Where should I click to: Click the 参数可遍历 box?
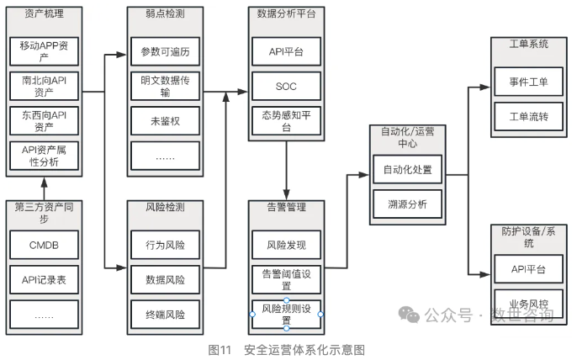[x=165, y=51]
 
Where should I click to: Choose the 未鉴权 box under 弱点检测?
[x=165, y=121]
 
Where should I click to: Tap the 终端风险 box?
[x=165, y=315]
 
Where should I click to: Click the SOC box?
[x=286, y=86]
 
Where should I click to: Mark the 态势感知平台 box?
[x=286, y=121]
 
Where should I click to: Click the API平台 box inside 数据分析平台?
[x=286, y=51]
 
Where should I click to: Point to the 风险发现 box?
[x=286, y=246]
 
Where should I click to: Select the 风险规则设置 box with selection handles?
[x=286, y=315]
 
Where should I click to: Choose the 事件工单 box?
[x=528, y=82]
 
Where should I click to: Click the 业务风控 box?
[x=528, y=304]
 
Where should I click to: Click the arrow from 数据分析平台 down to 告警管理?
[x=287, y=168]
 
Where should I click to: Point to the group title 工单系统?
[x=528, y=43]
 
